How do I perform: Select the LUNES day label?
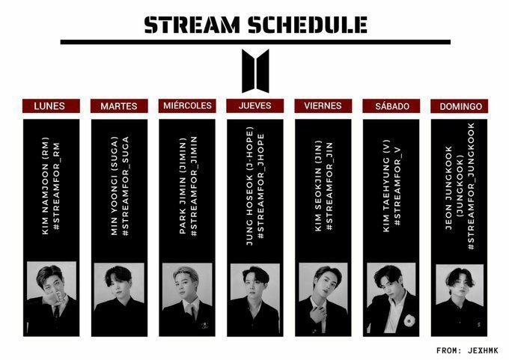pyautogui.click(x=49, y=106)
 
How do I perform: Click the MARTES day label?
pyautogui.click(x=118, y=106)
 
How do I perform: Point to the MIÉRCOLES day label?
pyautogui.click(x=187, y=106)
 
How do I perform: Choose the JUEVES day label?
pyautogui.click(x=254, y=106)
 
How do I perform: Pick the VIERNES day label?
pyautogui.click(x=323, y=106)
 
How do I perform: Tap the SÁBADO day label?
pyautogui.click(x=391, y=106)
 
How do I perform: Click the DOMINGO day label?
pyautogui.click(x=459, y=106)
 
